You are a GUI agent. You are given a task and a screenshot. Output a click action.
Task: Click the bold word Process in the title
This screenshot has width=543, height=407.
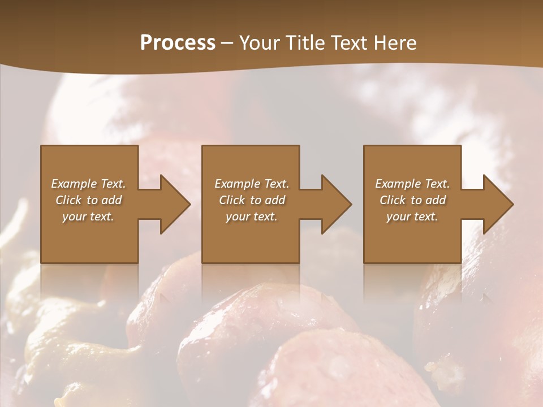point(178,43)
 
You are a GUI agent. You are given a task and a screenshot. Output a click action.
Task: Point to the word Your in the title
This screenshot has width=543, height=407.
point(260,43)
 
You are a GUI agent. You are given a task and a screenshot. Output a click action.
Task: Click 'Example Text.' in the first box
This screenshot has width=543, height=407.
point(89,184)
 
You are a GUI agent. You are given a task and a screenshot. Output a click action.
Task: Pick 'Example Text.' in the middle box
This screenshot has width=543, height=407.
point(252,184)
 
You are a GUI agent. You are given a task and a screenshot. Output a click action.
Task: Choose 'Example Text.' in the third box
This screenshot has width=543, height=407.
point(412,184)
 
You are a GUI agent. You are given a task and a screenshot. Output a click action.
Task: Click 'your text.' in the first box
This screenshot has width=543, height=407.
point(88,217)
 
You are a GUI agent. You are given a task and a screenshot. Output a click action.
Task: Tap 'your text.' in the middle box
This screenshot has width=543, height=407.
point(252,217)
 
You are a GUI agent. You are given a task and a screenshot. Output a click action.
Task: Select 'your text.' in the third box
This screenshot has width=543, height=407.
point(412,217)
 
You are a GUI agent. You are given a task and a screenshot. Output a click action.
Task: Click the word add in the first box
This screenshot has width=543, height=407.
point(111,200)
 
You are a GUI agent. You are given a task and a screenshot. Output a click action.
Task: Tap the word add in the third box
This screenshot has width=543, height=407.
point(436,200)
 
